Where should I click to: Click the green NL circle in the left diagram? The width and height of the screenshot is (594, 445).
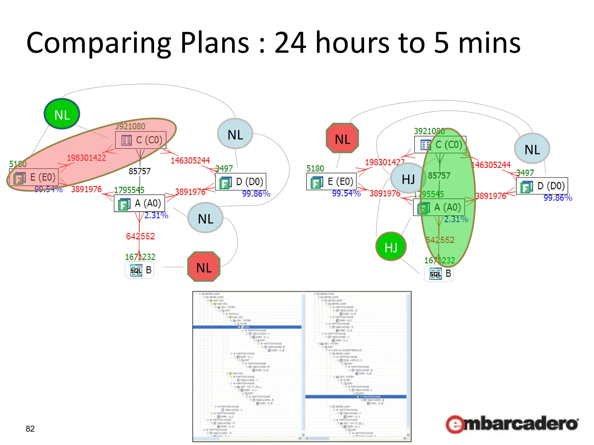pos(62,114)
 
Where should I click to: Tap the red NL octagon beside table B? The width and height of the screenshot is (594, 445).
pos(204,267)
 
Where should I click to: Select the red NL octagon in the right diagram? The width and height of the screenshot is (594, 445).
pos(343,138)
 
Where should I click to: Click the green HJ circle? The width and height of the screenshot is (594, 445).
pos(391,247)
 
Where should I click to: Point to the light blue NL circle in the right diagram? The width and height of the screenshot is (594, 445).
pos(532,149)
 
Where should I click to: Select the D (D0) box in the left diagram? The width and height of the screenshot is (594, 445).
pos(241,182)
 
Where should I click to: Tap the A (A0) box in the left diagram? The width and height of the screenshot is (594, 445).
pos(140,203)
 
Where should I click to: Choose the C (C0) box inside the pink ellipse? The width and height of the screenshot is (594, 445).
pos(141,140)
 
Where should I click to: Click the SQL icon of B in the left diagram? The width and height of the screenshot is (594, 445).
pos(136,270)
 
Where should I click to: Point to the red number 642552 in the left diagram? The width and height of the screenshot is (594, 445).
pos(140,236)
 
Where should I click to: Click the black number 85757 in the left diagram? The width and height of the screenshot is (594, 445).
pos(140,171)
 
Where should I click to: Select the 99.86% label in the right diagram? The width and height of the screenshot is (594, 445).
pos(557,198)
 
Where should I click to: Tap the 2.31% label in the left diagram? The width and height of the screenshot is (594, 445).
pos(156,215)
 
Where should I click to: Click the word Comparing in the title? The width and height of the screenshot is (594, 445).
pos(99,43)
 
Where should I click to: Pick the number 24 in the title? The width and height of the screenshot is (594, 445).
pos(290,43)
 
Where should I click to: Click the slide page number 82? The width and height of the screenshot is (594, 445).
pos(30,428)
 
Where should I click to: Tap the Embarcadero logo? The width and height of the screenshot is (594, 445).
pos(512,424)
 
